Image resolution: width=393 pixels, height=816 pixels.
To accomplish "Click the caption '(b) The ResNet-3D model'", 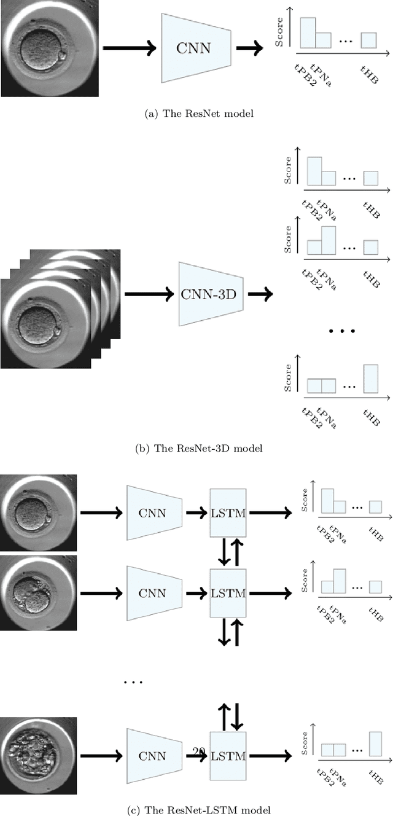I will pos(198,449).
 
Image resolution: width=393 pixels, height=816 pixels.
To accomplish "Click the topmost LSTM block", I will pos(228,513).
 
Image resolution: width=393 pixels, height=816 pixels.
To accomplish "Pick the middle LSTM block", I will pos(228,593).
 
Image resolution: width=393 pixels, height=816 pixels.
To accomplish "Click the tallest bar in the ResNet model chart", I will pos(308,33).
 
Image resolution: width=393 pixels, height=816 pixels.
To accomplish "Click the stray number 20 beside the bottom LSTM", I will pos(198,750).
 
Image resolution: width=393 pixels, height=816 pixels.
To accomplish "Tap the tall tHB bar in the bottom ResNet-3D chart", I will pos(370,379).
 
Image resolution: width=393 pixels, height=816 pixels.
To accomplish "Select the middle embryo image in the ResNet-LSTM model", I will pos(38,592).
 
